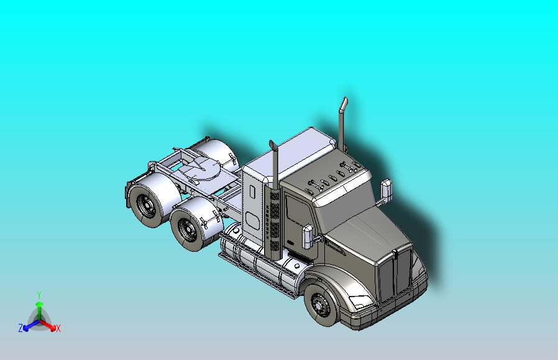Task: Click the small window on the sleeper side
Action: point(252,221)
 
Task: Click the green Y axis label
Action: point(39,295)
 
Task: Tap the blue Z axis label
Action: point(21,328)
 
